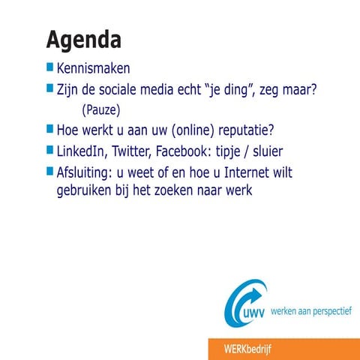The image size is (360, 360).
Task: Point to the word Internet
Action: click(235, 172)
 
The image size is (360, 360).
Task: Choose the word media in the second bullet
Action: click(174, 90)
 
